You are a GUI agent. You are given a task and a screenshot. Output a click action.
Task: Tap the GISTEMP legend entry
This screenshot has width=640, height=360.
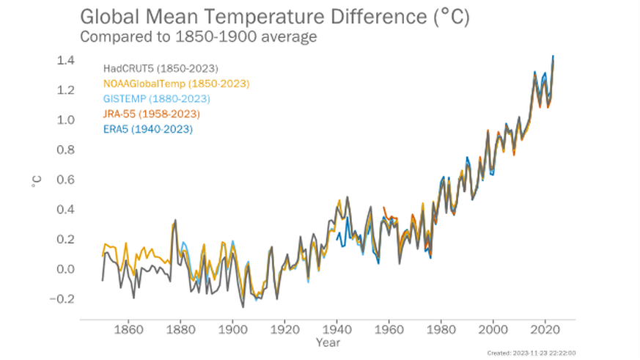156,99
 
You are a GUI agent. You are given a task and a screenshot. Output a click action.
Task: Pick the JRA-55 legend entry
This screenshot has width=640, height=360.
151,114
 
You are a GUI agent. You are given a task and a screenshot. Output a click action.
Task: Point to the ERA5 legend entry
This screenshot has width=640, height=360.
147,130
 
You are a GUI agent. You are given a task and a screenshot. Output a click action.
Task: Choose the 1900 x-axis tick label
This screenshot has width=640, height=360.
232,329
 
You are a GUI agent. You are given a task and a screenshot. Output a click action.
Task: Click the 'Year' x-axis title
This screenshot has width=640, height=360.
327,342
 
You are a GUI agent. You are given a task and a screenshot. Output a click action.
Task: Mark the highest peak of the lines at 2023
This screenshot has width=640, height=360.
553,56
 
